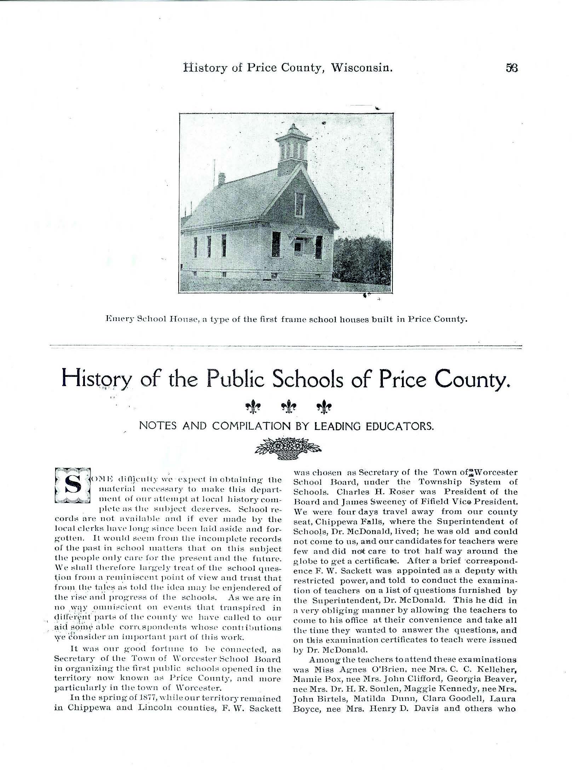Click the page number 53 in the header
pyautogui.click(x=512, y=68)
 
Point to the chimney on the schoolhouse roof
pyautogui.click(x=222, y=178)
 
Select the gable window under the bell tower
pyautogui.click(x=299, y=204)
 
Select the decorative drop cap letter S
pyautogui.click(x=73, y=485)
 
